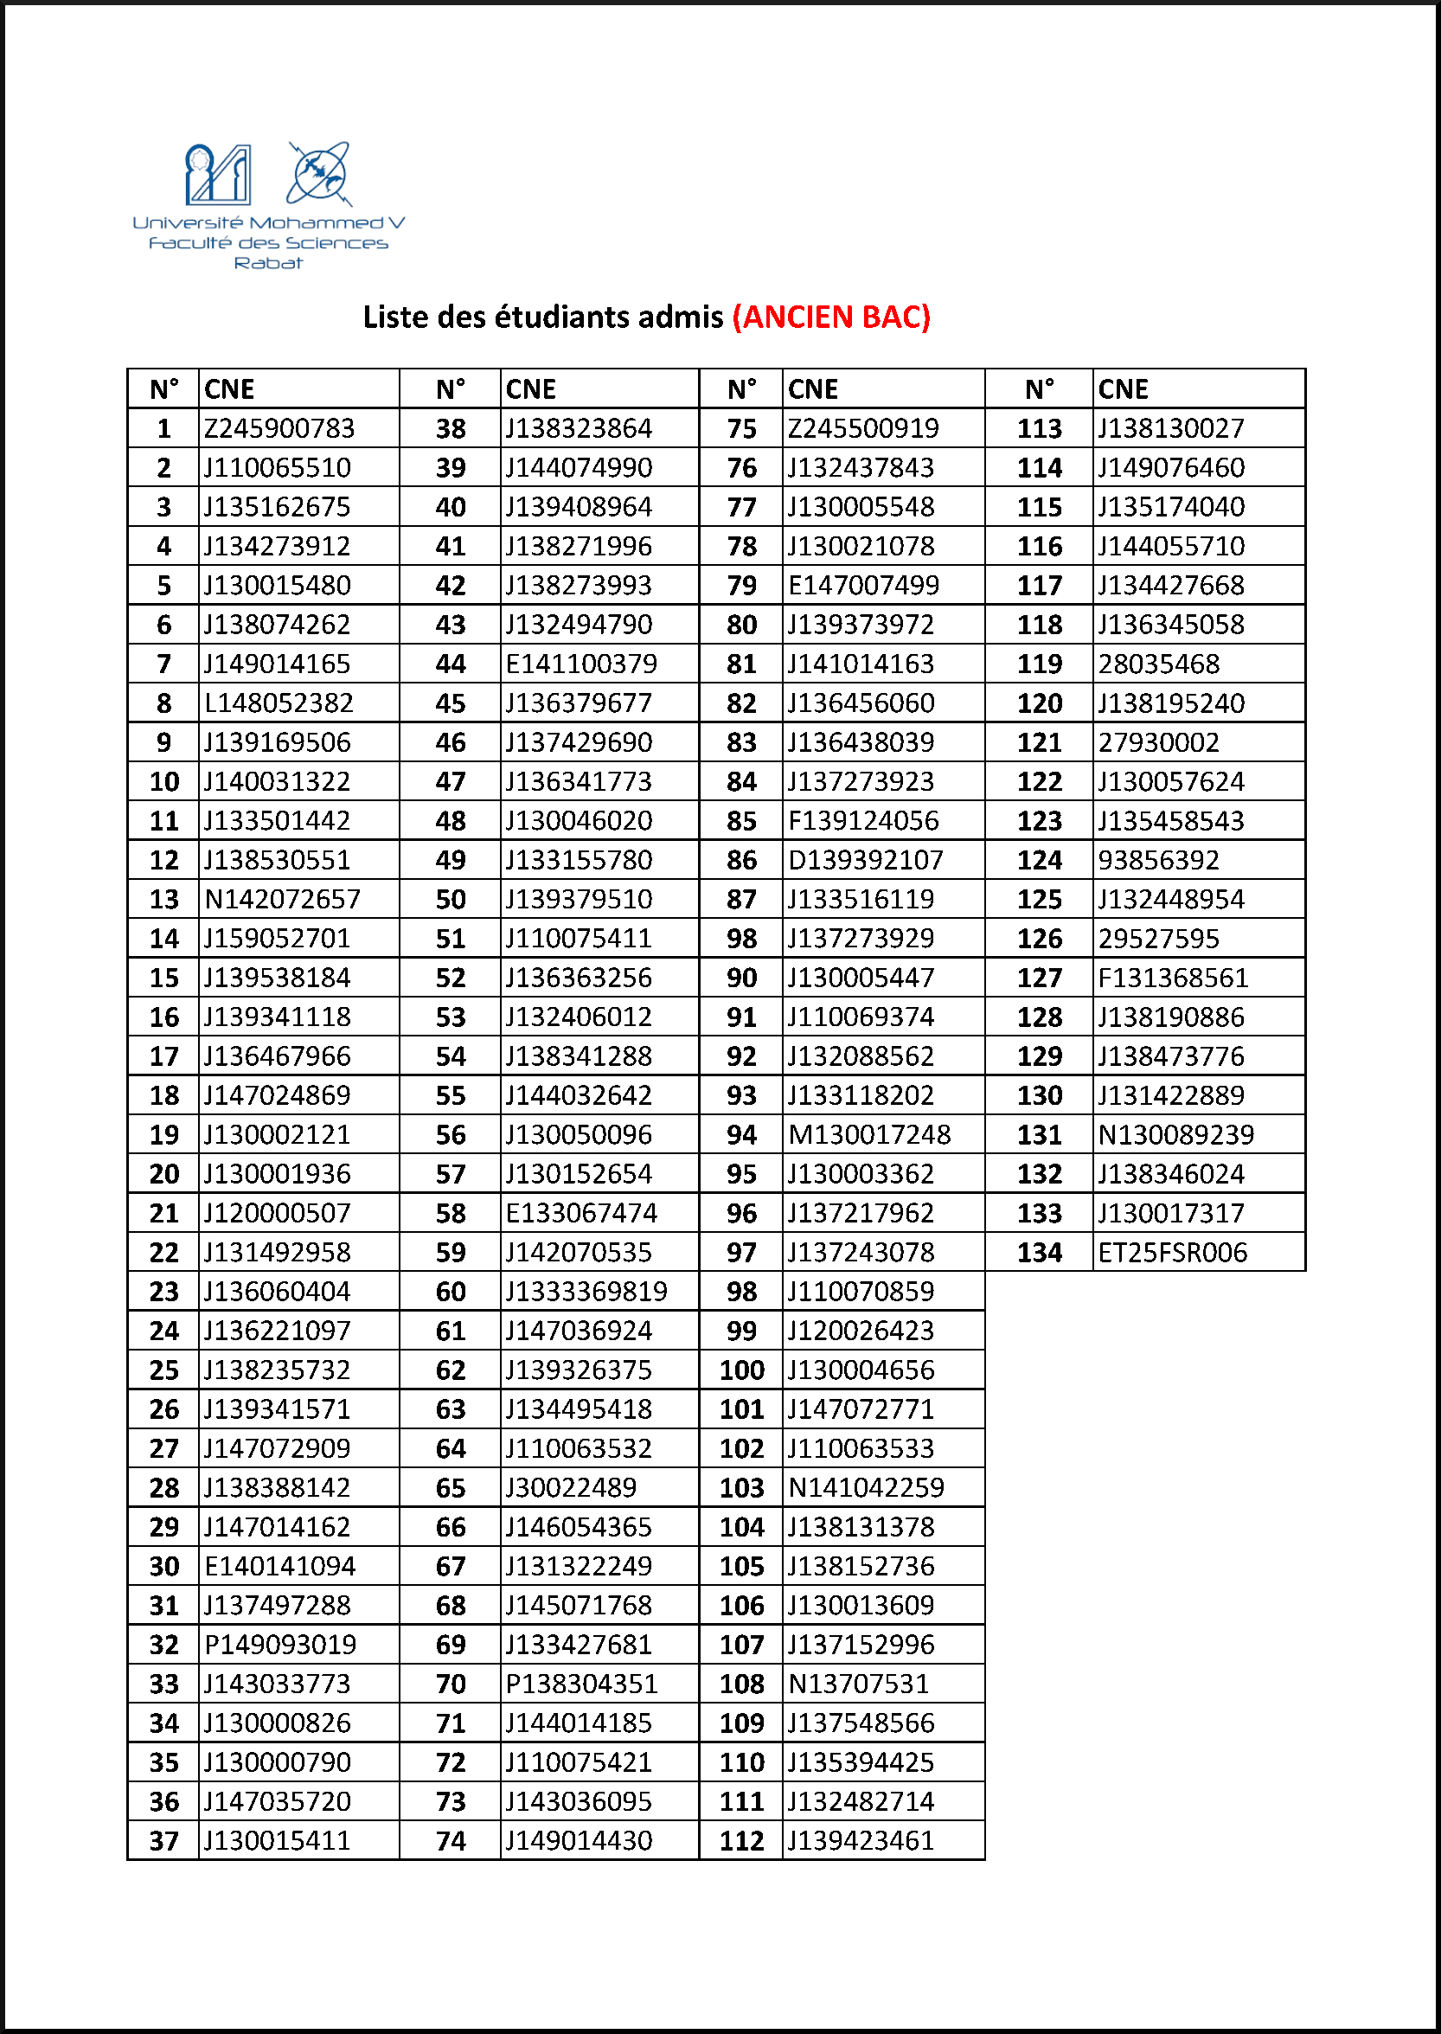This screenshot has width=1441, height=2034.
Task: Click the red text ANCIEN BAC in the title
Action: (x=831, y=317)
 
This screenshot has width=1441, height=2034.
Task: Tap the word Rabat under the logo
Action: (x=268, y=263)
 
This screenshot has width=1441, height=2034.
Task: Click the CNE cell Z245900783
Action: (x=279, y=428)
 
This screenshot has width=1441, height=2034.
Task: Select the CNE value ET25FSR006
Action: (x=1172, y=1252)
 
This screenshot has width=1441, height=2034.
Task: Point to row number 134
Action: (x=1039, y=1252)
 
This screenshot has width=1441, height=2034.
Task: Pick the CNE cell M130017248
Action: (x=868, y=1134)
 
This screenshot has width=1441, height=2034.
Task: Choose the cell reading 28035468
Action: (x=1158, y=664)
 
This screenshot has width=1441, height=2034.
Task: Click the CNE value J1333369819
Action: (x=586, y=1291)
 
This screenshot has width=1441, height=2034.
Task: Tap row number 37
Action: (x=164, y=1840)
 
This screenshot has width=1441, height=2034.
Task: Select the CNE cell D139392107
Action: (x=865, y=860)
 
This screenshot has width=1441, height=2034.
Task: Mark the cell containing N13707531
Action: (x=858, y=1684)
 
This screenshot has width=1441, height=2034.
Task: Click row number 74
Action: (x=451, y=1840)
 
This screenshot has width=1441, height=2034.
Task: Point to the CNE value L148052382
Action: (x=279, y=703)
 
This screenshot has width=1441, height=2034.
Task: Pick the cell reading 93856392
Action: (x=1158, y=860)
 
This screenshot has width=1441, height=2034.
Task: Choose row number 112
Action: (x=742, y=1840)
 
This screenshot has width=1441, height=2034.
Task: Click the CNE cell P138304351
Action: (x=581, y=1684)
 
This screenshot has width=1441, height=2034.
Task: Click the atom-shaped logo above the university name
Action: (x=317, y=174)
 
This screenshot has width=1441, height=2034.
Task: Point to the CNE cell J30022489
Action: (x=571, y=1487)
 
